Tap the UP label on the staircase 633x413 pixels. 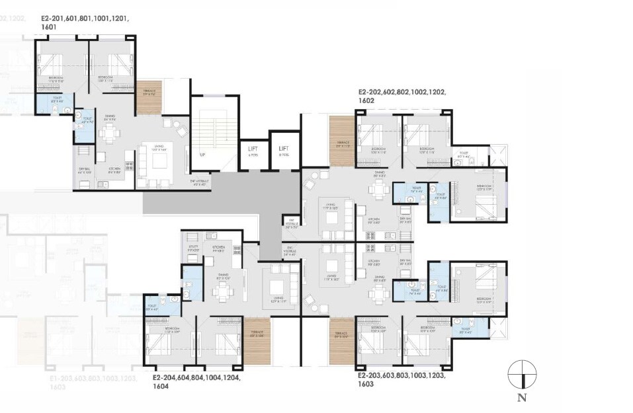202,155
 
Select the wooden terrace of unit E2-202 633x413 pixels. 342,139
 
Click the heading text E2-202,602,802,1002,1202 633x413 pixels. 402,93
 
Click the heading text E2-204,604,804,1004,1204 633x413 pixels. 196,379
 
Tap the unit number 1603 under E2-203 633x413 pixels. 367,383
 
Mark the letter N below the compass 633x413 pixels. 521,398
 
